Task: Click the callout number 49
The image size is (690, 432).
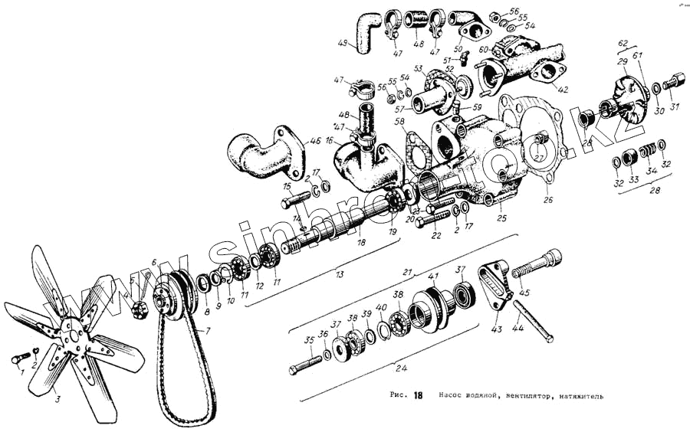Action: [x=342, y=42]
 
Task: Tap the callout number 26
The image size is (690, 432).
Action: [x=547, y=201]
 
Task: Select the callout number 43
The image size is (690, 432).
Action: [x=497, y=329]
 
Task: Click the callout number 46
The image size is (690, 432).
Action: [x=315, y=142]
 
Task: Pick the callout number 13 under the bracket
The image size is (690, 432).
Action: [x=339, y=274]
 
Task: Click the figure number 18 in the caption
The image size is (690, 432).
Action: [x=418, y=396]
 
